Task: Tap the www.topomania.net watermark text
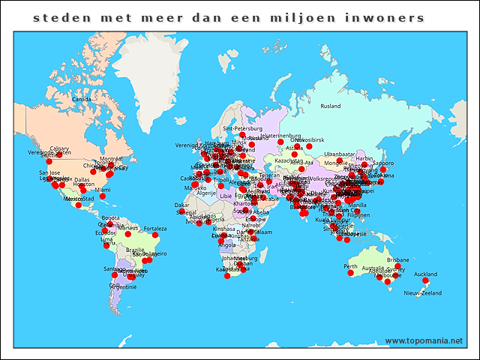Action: (424, 340)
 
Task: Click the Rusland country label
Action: (330, 106)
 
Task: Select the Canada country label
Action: (81, 98)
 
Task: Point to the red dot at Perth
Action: (350, 273)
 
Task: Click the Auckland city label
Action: (424, 274)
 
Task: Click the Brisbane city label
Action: (398, 259)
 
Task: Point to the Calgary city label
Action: (59, 148)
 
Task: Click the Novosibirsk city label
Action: (309, 139)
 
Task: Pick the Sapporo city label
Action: (383, 163)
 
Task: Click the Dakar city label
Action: (182, 204)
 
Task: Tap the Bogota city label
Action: (110, 218)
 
